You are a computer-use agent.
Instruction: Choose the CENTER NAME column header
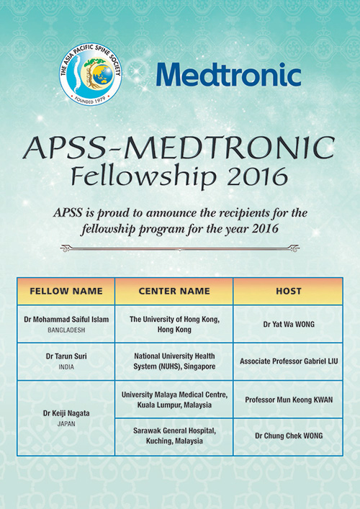click(174, 292)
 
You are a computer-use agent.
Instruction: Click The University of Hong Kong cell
click(174, 323)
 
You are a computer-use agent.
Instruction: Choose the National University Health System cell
click(174, 361)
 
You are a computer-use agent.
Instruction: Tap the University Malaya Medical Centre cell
click(174, 398)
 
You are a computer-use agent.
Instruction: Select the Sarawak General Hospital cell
click(174, 436)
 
